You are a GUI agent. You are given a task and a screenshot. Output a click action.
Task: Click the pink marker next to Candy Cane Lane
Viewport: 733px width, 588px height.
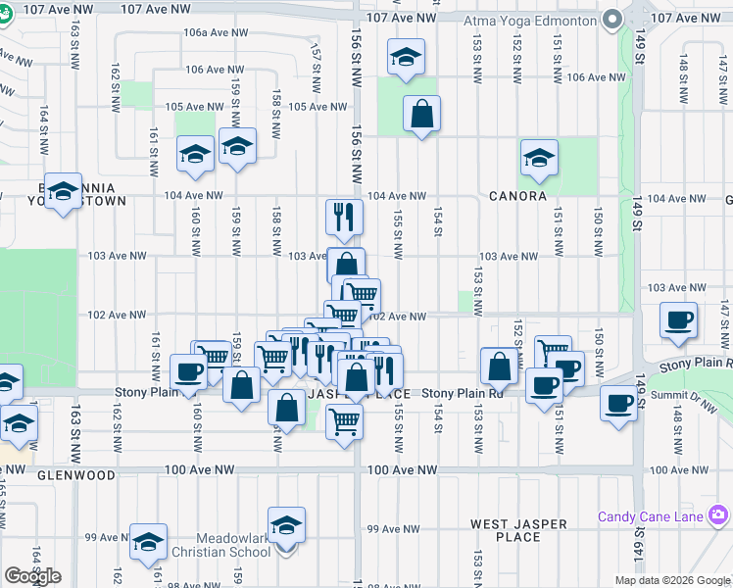719,514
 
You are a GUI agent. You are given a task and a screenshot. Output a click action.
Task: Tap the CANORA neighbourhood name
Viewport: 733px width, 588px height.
517,196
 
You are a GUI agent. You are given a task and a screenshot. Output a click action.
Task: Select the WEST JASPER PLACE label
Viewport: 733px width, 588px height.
518,530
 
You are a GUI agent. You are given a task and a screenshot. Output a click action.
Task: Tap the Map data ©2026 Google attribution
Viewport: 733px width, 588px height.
672,580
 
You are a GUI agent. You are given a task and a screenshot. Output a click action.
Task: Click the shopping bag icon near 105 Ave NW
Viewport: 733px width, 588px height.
421,114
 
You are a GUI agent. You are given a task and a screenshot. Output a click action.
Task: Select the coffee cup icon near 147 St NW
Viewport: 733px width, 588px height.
679,319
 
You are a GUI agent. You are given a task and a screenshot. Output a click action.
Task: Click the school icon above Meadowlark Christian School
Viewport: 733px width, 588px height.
286,525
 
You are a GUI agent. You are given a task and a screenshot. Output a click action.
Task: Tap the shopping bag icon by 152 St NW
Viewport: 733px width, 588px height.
500,367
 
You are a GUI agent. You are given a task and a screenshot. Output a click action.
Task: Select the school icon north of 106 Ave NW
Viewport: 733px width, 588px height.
405,58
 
